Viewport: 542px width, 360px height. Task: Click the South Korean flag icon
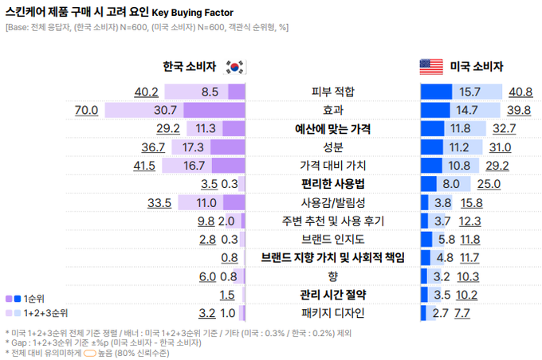click(236, 67)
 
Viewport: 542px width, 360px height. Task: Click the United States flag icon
click(431, 67)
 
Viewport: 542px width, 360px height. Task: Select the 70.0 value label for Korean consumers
click(86, 110)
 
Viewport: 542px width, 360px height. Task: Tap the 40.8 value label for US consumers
click(520, 92)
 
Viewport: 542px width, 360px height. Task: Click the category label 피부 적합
click(332, 92)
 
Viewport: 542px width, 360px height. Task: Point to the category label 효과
click(332, 110)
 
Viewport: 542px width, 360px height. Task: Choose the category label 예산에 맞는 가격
click(332, 128)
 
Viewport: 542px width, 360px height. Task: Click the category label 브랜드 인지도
click(332, 239)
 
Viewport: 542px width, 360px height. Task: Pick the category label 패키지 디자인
click(332, 313)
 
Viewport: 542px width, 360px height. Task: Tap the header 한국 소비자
click(189, 67)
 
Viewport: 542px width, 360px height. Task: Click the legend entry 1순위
click(33, 298)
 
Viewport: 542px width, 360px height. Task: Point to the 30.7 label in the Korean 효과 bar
click(165, 110)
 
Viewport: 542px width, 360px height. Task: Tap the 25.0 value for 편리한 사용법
click(488, 184)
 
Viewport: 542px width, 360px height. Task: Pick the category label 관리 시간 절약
click(332, 295)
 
